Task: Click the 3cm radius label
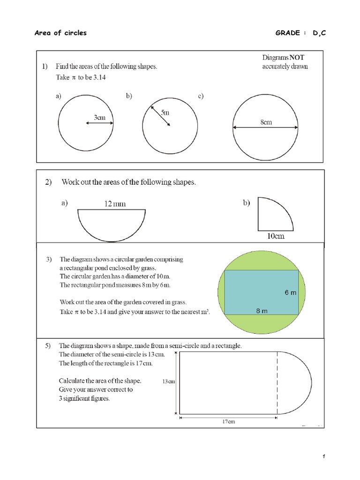point(99,118)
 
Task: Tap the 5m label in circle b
point(165,112)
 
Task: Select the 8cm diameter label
point(266,122)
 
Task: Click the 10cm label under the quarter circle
point(276,236)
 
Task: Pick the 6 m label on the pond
point(290,292)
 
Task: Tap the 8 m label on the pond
point(262,311)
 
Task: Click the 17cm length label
point(228,421)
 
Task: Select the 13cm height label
point(168,382)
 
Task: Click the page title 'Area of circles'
point(61,33)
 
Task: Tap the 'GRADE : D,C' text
point(300,33)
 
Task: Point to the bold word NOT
point(297,57)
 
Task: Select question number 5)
point(48,346)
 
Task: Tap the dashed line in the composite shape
point(277,382)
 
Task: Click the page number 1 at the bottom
point(323,457)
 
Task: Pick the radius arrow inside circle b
point(160,116)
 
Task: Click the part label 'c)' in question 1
point(200,96)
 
